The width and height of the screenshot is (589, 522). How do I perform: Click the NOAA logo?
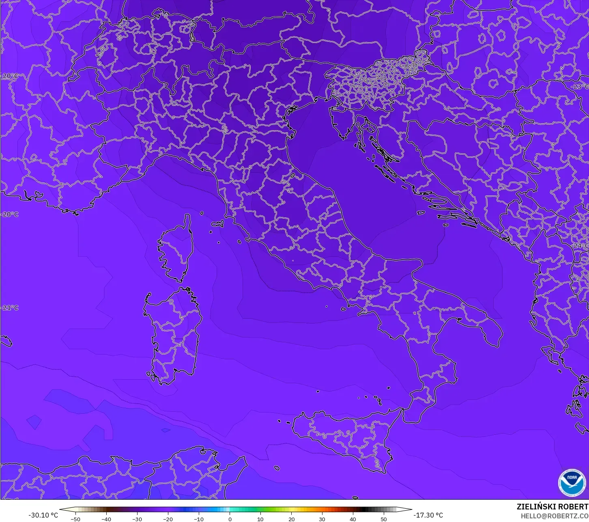[x=572, y=482]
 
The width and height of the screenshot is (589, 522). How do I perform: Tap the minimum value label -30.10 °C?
[x=43, y=515]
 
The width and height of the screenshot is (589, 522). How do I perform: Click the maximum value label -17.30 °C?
[x=428, y=515]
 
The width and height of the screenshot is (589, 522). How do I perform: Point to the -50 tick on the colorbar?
[x=75, y=519]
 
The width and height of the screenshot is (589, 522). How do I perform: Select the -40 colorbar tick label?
[x=106, y=519]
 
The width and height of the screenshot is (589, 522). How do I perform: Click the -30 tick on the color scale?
[x=137, y=519]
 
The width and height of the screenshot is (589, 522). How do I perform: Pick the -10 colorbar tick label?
[x=199, y=519]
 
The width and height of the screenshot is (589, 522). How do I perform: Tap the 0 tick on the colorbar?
[x=230, y=519]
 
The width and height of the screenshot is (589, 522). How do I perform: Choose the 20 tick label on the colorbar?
[x=291, y=519]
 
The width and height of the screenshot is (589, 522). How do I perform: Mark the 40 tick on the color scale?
[x=353, y=519]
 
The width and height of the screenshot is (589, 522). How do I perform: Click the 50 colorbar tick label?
[x=384, y=519]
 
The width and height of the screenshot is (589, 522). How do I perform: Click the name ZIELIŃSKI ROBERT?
[x=552, y=507]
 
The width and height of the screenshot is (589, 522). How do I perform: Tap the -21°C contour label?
[x=10, y=308]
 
